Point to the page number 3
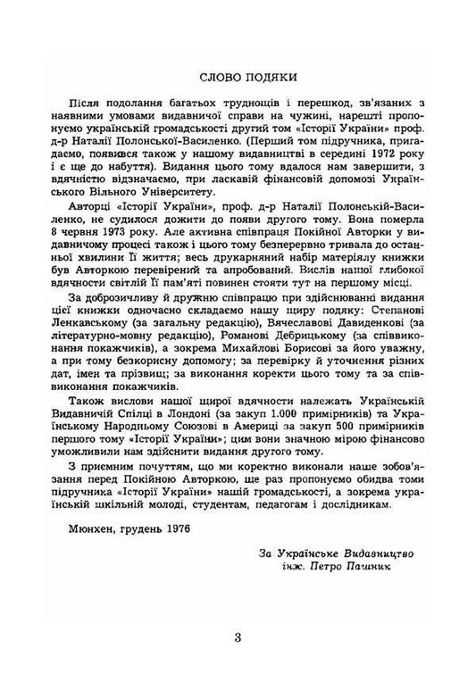click(x=238, y=636)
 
